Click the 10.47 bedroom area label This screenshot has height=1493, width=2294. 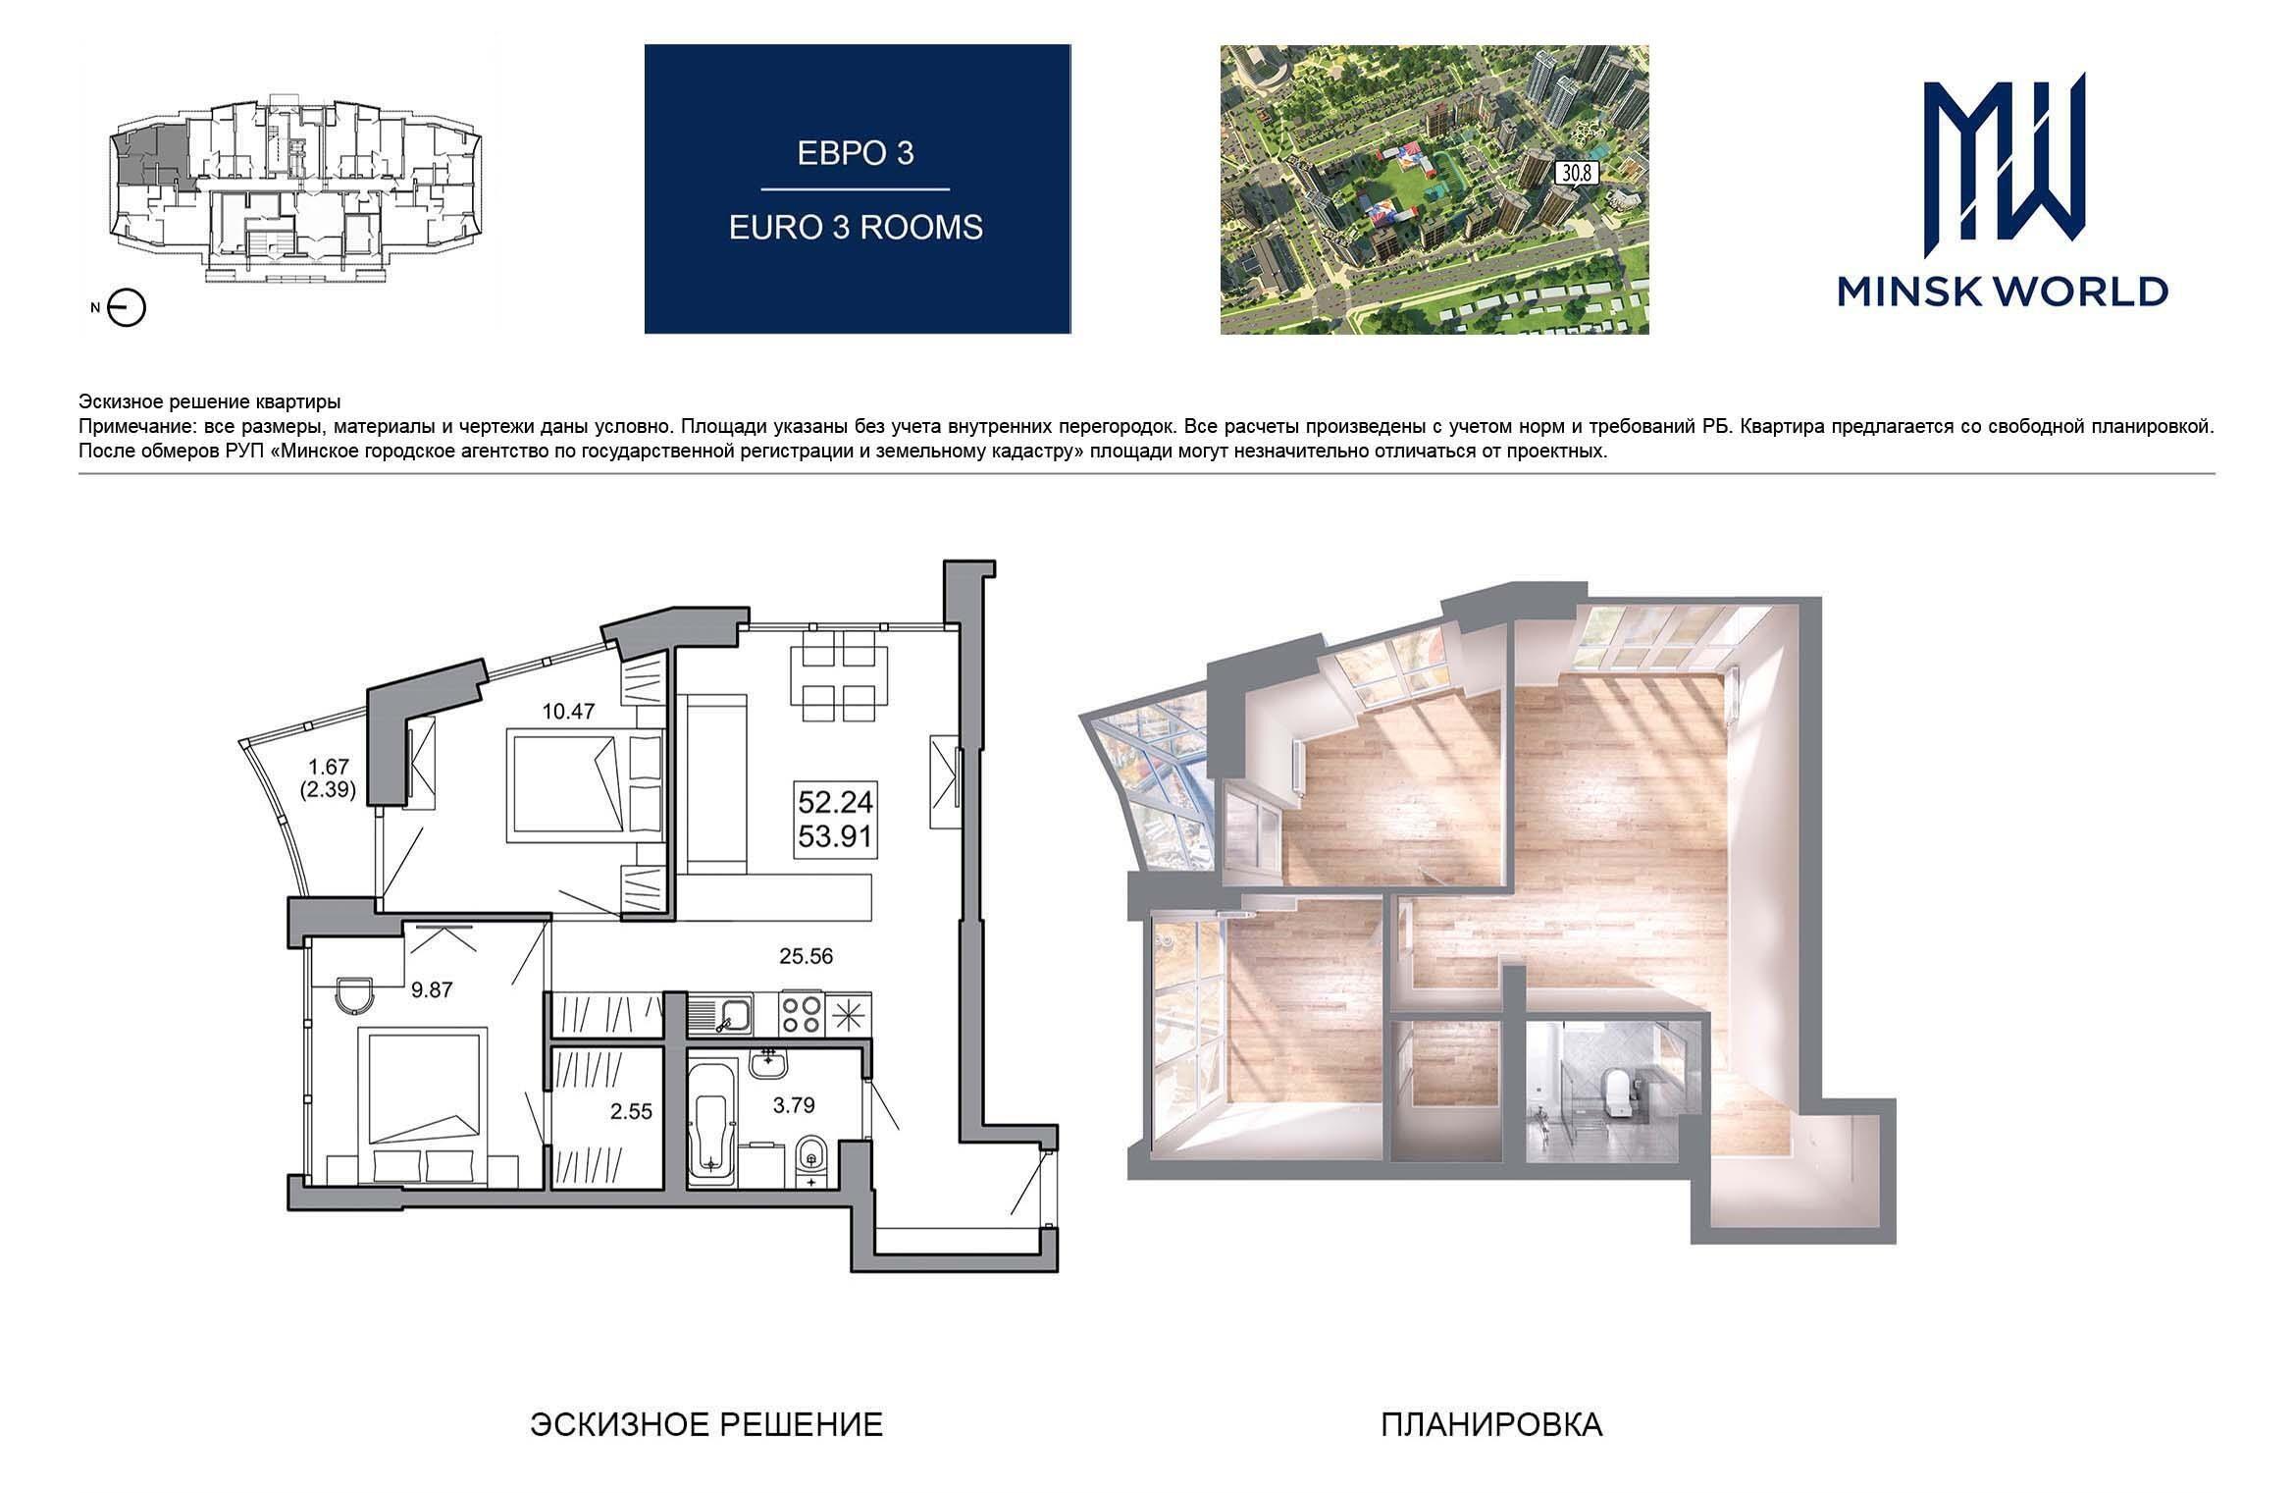pos(569,713)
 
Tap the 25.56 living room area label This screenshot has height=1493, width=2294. pos(806,956)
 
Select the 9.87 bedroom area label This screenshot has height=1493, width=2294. pos(432,990)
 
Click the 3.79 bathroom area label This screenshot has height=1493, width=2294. pos(794,1106)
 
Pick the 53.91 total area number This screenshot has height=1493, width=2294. pos(835,839)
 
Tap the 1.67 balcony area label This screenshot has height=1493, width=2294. pos(329,767)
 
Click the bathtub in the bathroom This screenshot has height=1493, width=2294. pos(714,1135)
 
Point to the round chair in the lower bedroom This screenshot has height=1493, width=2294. pos(353,995)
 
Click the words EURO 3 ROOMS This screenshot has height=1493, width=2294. pos(856,228)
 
